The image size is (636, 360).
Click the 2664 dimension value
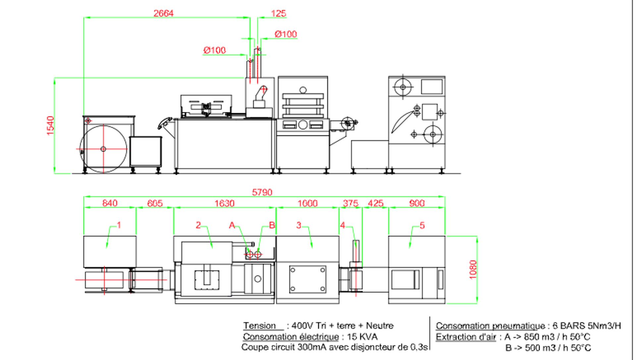[x=163, y=13]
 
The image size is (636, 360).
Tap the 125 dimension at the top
[x=278, y=14]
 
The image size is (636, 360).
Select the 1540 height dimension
[x=50, y=126]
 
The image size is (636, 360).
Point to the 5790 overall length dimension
[x=262, y=192]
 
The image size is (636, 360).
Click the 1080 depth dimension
[x=473, y=270]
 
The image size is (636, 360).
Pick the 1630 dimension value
[x=224, y=203]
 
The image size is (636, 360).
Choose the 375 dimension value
[x=350, y=203]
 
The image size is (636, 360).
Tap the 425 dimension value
[x=376, y=203]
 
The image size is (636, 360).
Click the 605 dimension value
[x=155, y=203]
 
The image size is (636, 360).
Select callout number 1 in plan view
[x=119, y=225]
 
